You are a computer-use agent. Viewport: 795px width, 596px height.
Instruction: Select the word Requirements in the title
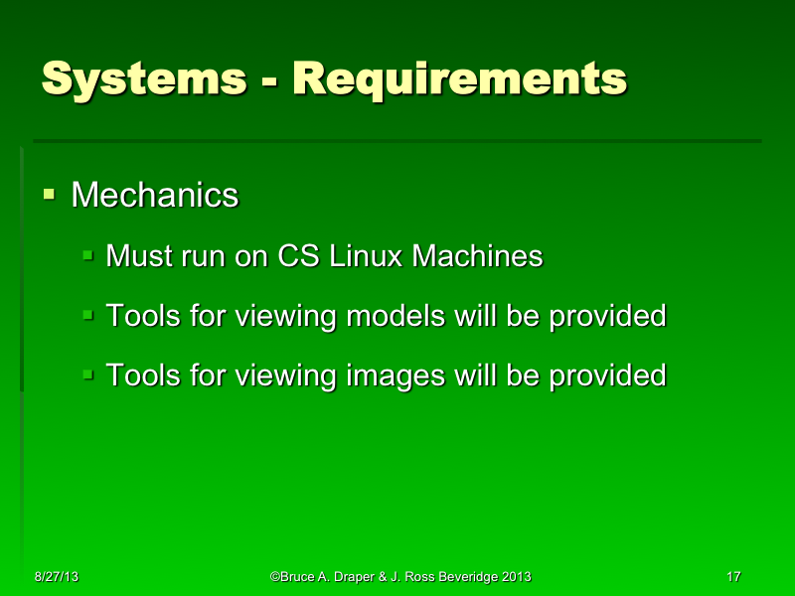[459, 77]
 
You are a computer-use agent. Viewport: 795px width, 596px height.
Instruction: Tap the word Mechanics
[154, 195]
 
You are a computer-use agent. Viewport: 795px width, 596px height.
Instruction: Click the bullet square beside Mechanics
[49, 190]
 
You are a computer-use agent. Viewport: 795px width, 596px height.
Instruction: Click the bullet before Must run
[88, 255]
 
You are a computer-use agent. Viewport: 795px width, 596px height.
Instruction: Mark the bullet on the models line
[88, 315]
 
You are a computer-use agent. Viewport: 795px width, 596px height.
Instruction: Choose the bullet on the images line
[88, 374]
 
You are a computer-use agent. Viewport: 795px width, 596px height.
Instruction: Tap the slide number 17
[734, 577]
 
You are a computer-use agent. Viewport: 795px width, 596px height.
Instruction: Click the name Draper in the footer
[354, 577]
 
